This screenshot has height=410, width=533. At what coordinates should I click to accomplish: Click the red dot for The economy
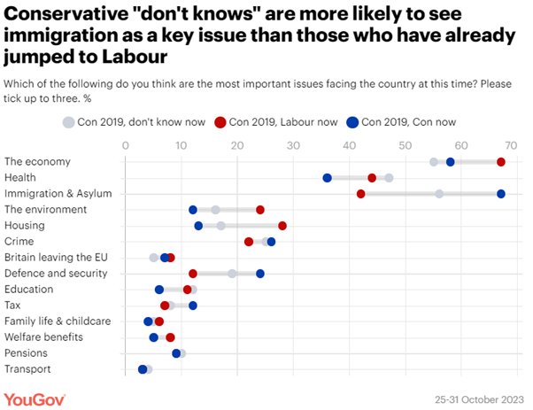coord(501,162)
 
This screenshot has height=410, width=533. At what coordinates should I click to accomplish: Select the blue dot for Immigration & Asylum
coord(501,194)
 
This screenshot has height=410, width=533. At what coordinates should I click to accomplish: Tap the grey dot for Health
coord(389,178)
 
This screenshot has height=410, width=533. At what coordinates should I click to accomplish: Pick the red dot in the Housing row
coord(282,226)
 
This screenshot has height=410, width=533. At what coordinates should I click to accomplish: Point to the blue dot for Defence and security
coord(260,274)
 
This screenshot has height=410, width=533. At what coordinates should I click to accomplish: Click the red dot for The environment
coord(260,210)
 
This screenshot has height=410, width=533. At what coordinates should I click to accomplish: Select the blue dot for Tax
coord(193,306)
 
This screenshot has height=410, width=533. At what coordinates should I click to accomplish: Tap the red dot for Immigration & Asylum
coord(361,194)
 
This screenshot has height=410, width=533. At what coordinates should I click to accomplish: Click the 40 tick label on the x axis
coord(350,144)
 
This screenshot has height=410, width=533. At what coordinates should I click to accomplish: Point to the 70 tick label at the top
coord(517,144)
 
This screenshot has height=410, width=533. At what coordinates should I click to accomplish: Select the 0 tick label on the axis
coord(126,144)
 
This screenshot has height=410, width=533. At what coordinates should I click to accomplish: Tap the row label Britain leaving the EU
coord(55,258)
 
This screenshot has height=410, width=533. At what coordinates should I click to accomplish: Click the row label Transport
coord(27,369)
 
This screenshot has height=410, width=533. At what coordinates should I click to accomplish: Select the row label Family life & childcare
coord(57,321)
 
